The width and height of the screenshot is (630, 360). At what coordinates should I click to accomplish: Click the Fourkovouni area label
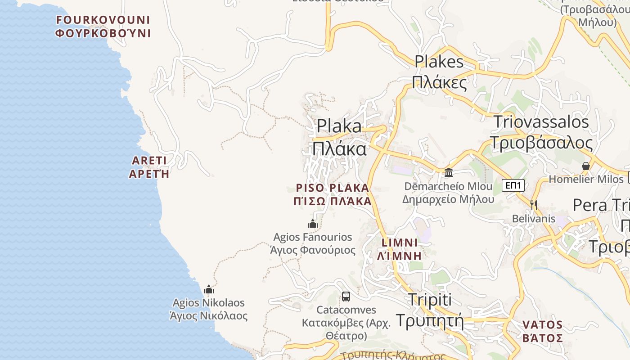[103, 27]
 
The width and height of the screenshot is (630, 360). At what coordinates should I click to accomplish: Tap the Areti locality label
[149, 167]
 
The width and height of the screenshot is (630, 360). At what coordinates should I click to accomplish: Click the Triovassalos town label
[541, 132]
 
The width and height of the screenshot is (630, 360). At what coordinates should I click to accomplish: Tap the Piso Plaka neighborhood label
[333, 194]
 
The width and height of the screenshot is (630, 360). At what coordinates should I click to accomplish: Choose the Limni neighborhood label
[400, 249]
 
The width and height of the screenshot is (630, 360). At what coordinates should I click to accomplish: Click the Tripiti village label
[429, 310]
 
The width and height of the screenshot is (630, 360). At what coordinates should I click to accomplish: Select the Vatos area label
[543, 331]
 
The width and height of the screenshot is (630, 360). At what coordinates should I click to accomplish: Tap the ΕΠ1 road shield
[513, 185]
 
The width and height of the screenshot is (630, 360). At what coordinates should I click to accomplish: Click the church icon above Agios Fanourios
[313, 224]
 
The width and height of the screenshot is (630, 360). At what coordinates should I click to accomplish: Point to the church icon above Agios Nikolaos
[209, 289]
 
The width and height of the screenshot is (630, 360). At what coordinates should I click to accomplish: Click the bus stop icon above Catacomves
[346, 297]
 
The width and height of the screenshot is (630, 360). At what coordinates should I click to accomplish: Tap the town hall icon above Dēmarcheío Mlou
[448, 172]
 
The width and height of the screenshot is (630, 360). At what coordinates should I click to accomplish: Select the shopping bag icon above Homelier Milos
[585, 166]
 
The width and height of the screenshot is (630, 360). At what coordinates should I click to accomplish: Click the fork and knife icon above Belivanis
[533, 205]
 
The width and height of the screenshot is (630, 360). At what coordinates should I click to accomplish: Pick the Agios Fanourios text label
[313, 243]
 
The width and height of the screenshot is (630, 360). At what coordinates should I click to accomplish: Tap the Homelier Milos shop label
[586, 179]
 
